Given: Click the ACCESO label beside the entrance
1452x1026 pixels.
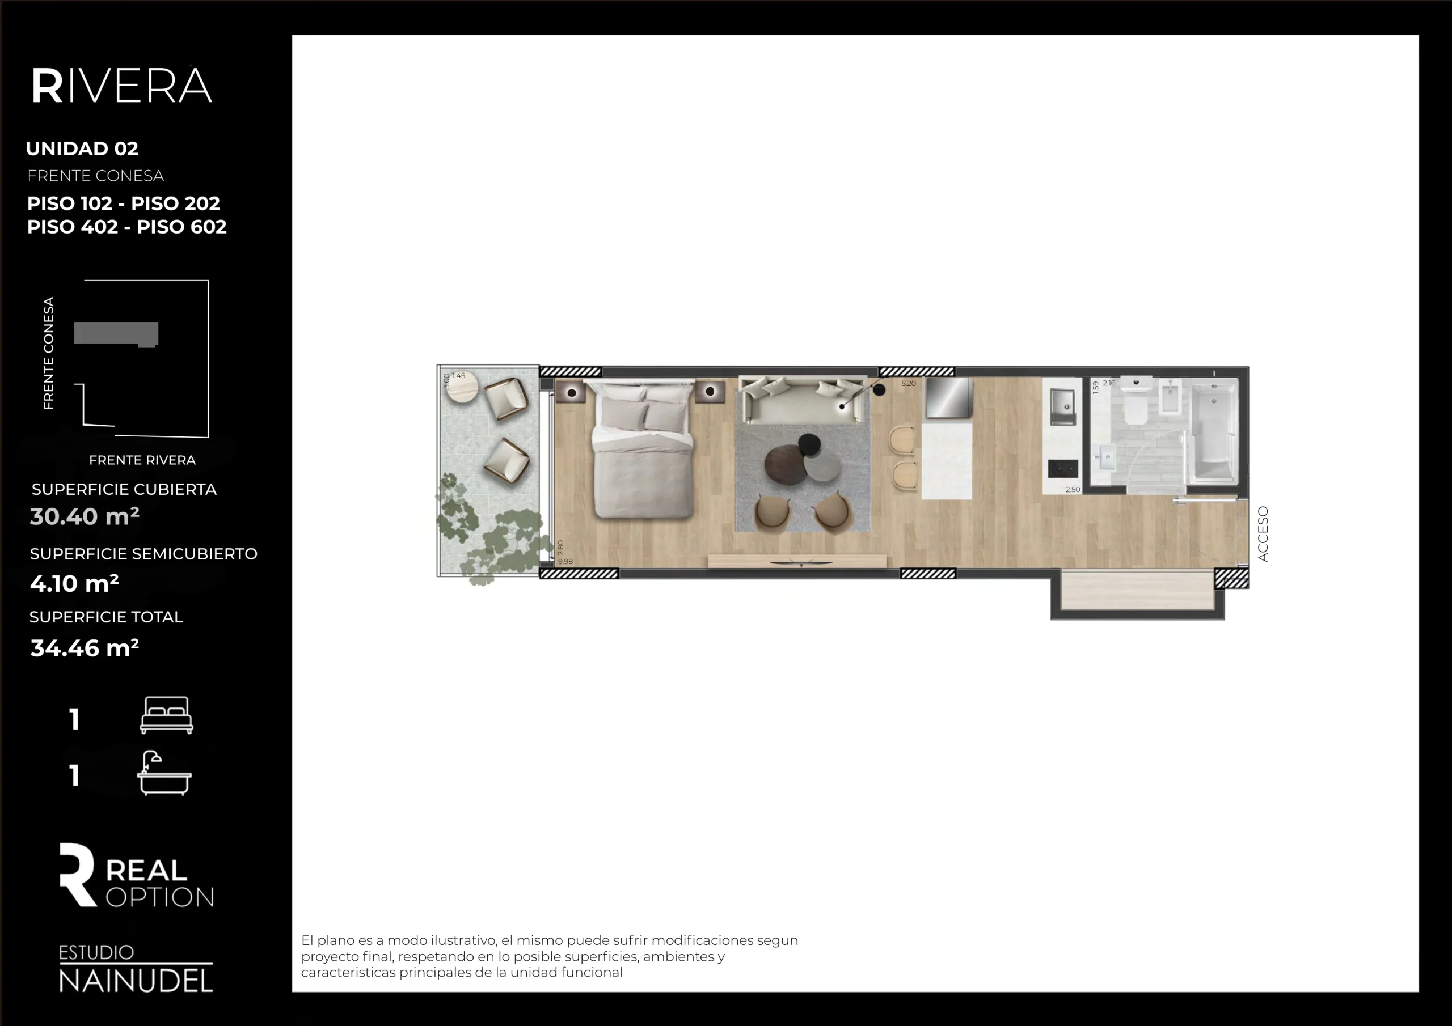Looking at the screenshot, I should point(1263,533).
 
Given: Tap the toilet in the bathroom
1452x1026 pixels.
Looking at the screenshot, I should point(1136,405).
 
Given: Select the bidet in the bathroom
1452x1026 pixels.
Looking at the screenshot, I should point(1171,398).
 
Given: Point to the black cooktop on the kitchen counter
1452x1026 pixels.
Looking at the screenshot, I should point(1063,468).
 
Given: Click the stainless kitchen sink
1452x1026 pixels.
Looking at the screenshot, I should point(1062,406).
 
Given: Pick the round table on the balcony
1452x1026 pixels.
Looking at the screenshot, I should point(461,387).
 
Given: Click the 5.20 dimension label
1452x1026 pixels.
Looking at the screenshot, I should point(908,384).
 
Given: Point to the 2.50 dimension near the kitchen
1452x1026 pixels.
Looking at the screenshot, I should point(1073,490).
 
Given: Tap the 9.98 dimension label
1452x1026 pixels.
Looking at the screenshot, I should point(565,561).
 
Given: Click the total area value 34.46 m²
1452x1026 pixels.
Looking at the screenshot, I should point(85,648).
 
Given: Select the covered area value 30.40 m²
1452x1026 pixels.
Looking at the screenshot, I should point(85,516).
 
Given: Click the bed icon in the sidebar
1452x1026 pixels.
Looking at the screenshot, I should point(166,715).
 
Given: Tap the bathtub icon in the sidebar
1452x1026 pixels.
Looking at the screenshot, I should point(164,773).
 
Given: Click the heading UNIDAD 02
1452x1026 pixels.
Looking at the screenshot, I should point(82,149).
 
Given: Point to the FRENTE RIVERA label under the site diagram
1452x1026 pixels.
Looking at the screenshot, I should point(142,460).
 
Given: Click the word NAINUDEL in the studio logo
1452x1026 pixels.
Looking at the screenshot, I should point(136,981).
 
